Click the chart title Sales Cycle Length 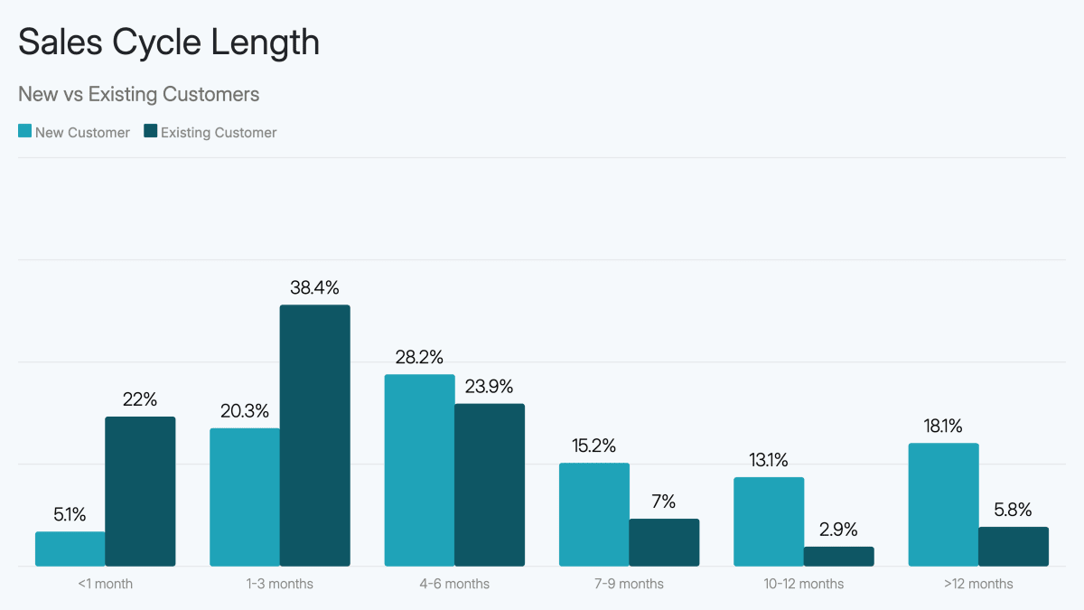[x=169, y=42]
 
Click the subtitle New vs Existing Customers [x=138, y=94]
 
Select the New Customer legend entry [x=74, y=133]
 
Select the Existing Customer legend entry [x=210, y=133]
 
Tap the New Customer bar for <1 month [x=70, y=549]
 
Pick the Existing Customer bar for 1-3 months [x=314, y=436]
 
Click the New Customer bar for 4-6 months [x=419, y=470]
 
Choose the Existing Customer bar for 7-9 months [x=664, y=542]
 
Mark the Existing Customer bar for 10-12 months [x=838, y=556]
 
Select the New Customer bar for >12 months [x=943, y=504]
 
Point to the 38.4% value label [x=314, y=288]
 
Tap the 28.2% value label [x=419, y=358]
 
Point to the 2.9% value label [x=838, y=530]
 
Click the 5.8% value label [x=1014, y=510]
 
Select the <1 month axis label [x=105, y=584]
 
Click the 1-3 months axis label [x=279, y=584]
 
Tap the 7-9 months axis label [x=629, y=584]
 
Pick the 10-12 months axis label [x=803, y=584]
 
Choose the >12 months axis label [x=978, y=584]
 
